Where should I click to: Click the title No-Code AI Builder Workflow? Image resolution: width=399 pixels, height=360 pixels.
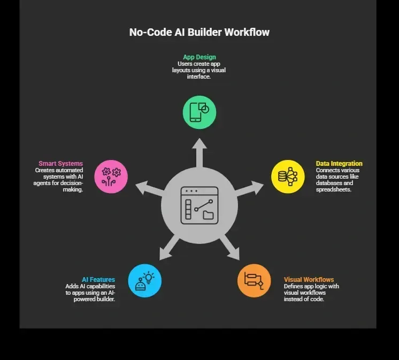pos(199,32)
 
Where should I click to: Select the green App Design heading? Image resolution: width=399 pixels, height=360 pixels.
pos(199,57)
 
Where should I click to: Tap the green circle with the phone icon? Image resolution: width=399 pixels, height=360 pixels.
pos(199,112)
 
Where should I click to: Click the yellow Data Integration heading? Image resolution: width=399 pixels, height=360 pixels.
pos(339,163)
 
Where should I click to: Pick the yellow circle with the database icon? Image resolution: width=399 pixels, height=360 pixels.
pos(288,177)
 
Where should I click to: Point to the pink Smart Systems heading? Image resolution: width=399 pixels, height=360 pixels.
pos(61,163)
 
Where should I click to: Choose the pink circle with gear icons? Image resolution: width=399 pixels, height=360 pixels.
pos(111,177)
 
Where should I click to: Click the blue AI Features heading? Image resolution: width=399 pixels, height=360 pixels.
pos(98,280)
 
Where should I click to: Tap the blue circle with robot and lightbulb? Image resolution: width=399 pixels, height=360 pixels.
pos(145,281)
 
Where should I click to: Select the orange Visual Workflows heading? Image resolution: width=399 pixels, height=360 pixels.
pos(309,280)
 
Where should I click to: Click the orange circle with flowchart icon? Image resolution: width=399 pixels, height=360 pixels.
pos(254,281)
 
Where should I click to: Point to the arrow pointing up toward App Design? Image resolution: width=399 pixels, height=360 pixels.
pos(199,153)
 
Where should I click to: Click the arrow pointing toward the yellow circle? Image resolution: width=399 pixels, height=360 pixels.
pos(249,189)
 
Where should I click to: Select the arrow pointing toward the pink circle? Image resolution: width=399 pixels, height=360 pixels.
pos(150,189)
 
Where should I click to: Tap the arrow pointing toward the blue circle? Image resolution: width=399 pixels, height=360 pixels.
pos(169,248)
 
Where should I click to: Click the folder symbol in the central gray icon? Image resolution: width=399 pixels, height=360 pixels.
pos(208,215)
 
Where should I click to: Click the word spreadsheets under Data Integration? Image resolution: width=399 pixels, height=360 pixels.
pos(334,189)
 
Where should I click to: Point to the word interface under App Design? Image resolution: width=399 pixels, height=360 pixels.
pos(199,76)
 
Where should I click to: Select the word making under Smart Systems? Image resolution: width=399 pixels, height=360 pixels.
pos(73,189)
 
